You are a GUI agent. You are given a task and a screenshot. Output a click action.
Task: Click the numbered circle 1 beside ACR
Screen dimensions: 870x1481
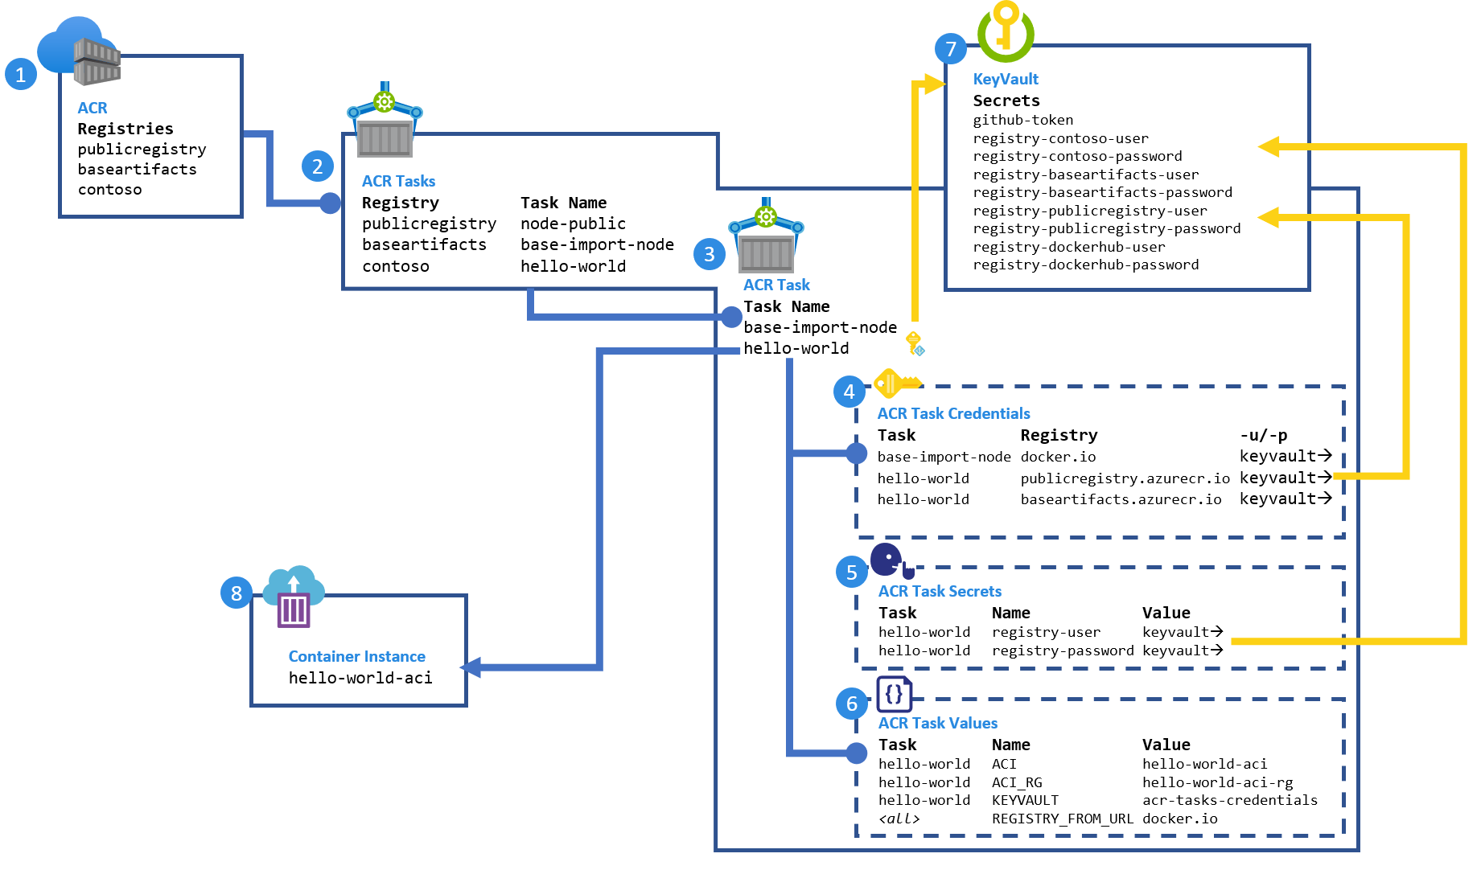click(21, 75)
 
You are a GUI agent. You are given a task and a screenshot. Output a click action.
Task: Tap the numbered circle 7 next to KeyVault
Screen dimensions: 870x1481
click(951, 49)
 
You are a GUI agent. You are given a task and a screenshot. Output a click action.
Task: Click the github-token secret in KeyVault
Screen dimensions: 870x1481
click(1022, 120)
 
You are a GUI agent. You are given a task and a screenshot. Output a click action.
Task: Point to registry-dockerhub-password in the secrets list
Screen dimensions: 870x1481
click(1085, 265)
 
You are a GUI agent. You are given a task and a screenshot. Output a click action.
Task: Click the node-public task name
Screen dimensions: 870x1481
click(573, 224)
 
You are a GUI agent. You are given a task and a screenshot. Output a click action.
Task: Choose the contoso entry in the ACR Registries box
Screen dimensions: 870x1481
click(109, 190)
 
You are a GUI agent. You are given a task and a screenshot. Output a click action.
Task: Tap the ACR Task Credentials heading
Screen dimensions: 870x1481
click(953, 413)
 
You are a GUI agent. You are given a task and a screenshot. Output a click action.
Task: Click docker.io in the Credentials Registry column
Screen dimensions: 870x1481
click(1058, 457)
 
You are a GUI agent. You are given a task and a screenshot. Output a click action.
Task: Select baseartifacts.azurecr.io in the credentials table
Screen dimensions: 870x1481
click(1121, 499)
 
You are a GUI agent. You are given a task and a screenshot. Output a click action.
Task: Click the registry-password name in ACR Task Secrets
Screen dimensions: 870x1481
click(1062, 650)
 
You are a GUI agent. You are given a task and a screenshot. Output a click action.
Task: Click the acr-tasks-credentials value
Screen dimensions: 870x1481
click(1229, 800)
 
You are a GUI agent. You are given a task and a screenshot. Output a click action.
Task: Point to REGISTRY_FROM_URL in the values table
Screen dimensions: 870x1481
click(1062, 819)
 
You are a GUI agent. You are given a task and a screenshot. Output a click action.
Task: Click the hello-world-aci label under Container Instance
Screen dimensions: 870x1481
click(360, 678)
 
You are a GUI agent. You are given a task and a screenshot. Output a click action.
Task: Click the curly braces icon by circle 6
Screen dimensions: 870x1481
click(894, 694)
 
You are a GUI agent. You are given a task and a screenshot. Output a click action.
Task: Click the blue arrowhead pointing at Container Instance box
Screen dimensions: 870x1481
click(471, 667)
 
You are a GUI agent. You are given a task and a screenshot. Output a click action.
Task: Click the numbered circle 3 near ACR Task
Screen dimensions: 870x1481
click(709, 254)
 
